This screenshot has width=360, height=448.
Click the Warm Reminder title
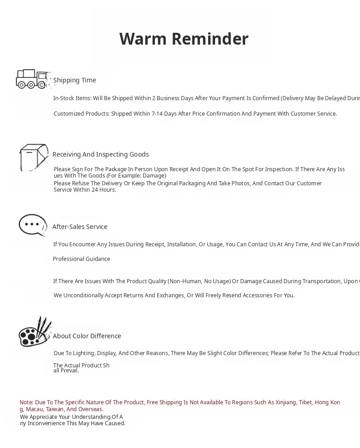pyautogui.click(x=184, y=39)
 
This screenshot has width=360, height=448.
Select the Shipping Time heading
pyautogui.click(x=75, y=80)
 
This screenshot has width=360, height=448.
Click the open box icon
pyautogui.click(x=33, y=157)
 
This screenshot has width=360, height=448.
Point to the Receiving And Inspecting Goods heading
pyautogui.click(x=101, y=154)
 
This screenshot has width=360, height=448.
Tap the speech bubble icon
pyautogui.click(x=32, y=225)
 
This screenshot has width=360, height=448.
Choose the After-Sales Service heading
pyautogui.click(x=80, y=227)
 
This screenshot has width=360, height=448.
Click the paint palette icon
pyautogui.click(x=35, y=332)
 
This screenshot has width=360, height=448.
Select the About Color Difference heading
pyautogui.click(x=87, y=336)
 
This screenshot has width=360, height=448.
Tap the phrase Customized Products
pyautogui.click(x=81, y=114)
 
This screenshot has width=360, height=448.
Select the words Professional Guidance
pyautogui.click(x=82, y=259)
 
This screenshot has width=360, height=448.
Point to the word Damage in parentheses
pyautogui.click(x=154, y=176)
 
